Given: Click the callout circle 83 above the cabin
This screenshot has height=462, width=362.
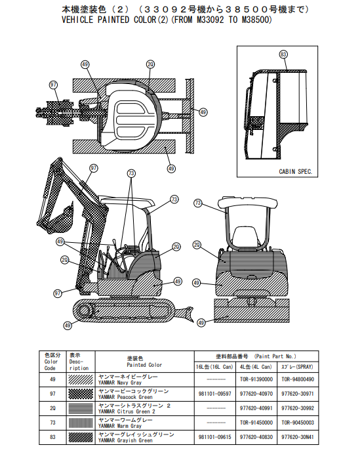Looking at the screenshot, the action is tap(283, 54).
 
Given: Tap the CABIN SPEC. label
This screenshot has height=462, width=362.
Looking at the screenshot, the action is tap(295, 171).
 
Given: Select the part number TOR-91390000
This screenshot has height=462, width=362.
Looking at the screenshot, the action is tap(256, 379).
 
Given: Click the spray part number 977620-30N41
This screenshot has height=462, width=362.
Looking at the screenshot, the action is tap(298, 437).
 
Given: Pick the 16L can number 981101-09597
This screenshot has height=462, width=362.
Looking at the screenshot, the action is tap(215, 394).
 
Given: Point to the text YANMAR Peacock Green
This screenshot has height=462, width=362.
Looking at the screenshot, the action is tap(125, 397).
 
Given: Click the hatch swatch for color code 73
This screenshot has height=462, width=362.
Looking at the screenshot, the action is tap(81, 423).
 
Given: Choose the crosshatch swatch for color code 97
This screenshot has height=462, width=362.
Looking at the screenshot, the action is tap(81, 394).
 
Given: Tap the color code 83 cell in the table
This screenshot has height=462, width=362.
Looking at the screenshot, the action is tap(52, 437).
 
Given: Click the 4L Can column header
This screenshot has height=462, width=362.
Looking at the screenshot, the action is tap(256, 367).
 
